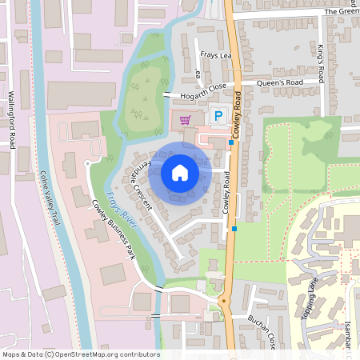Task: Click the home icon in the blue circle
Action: (180, 172)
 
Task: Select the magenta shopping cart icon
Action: (186, 120)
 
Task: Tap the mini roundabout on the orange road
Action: (223, 301)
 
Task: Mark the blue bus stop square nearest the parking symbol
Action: (231, 142)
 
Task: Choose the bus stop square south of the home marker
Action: (234, 229)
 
